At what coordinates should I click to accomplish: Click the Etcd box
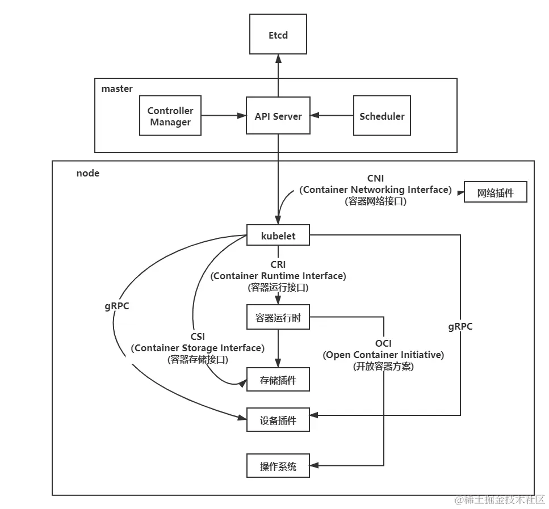coord(278,35)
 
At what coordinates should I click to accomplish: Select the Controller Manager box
coord(170,116)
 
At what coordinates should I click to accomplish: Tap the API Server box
coord(278,116)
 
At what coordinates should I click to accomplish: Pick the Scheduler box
coord(382,116)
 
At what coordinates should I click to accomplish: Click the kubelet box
coord(278,235)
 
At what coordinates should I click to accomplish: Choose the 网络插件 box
coord(495,192)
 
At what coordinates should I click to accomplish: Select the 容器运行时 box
coord(278,318)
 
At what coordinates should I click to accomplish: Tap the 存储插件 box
coord(278,380)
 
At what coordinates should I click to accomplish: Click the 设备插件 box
coord(278,421)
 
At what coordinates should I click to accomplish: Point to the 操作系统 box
coord(278,466)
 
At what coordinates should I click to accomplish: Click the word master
coord(117,89)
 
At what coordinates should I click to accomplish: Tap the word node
coord(88,173)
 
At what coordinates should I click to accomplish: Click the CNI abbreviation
coord(375,179)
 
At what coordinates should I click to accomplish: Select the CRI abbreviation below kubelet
coord(278,264)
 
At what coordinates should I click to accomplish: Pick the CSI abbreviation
coord(198,337)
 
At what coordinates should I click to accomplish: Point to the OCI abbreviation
coord(383,343)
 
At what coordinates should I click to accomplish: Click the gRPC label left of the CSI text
coord(117,306)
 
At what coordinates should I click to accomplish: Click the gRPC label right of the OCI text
coord(460,327)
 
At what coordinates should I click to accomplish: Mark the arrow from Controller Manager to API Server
coord(223,116)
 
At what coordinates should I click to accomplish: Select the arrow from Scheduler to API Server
coord(332,116)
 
